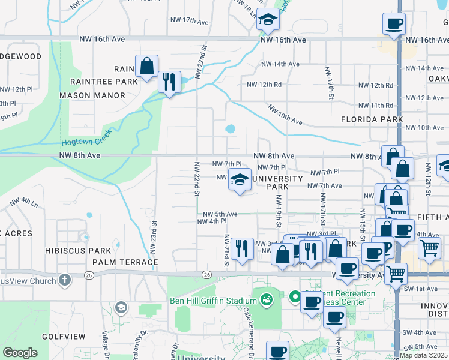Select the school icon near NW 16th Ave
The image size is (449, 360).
[268, 20]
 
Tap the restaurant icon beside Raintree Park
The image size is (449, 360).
[169, 81]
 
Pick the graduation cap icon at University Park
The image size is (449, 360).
[240, 179]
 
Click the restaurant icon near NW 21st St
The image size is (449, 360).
[241, 248]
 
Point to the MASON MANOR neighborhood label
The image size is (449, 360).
[92, 95]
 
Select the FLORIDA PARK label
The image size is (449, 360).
[372, 119]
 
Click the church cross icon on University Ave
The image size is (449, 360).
[65, 280]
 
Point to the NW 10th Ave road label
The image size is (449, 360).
[285, 115]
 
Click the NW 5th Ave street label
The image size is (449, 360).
[220, 214]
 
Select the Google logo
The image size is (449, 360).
[20, 353]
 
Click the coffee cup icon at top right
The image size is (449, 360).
[394, 24]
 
